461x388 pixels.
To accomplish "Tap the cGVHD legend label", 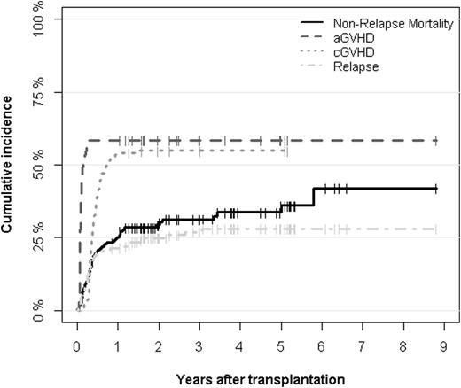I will point(353,52).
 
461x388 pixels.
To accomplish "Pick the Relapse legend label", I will point(355,67).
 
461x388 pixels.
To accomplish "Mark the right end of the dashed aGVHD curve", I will point(435,141).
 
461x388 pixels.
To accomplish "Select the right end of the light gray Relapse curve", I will point(435,229).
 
